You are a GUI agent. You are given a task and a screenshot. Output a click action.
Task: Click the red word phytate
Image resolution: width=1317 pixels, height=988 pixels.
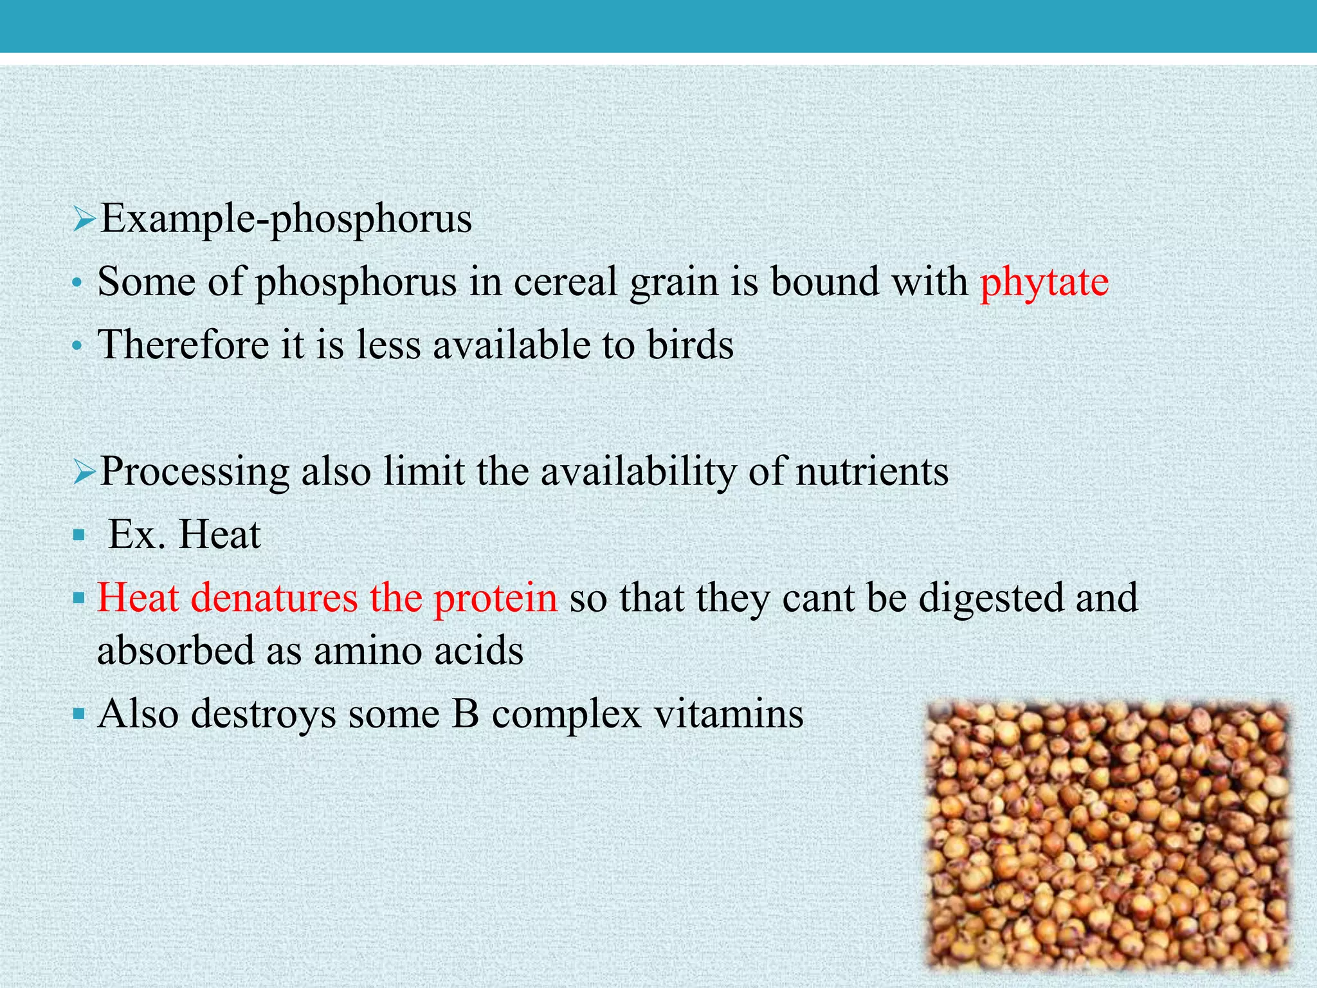pos(1044,283)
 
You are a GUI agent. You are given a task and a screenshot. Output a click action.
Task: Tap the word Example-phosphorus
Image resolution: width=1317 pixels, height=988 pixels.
pos(287,220)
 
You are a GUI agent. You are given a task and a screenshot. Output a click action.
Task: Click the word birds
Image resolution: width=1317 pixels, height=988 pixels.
pos(690,345)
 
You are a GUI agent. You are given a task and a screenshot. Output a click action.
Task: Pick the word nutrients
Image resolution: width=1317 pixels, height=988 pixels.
pos(872,471)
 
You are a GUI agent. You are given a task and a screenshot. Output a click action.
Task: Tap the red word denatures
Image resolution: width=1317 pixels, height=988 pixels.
pos(274,598)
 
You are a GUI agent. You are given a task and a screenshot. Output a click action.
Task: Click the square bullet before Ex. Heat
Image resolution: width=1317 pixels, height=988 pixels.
pos(79,535)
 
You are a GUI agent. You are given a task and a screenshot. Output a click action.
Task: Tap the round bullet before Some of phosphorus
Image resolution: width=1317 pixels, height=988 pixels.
pos(78,284)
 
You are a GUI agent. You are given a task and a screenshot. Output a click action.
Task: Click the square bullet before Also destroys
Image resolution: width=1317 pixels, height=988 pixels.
pos(79,714)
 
